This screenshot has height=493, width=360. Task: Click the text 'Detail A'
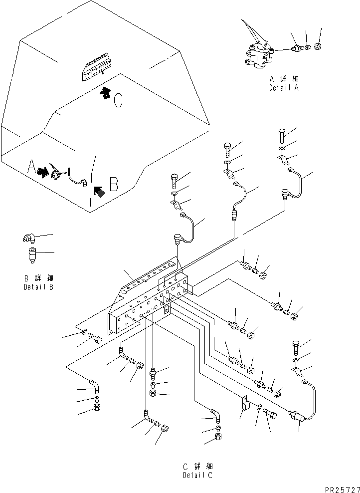pos(284,88)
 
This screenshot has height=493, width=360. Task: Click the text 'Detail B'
pos(38,287)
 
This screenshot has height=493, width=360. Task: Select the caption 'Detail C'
pos(197,475)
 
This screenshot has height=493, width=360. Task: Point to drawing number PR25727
pos(342,490)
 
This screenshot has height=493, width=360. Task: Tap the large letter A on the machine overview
pos(31,167)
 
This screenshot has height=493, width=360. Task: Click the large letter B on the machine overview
pos(114,185)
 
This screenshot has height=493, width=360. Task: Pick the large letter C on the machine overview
pos(118,101)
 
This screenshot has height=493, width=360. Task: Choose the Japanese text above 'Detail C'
pos(198,466)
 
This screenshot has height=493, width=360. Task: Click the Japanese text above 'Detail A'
pos(284,79)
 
